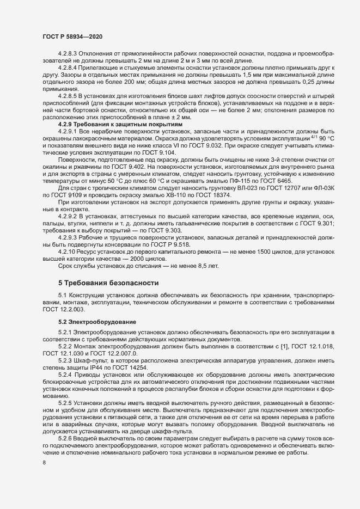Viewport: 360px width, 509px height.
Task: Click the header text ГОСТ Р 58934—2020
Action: tap(71, 35)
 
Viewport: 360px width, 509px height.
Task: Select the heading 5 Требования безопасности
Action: tap(108, 283)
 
